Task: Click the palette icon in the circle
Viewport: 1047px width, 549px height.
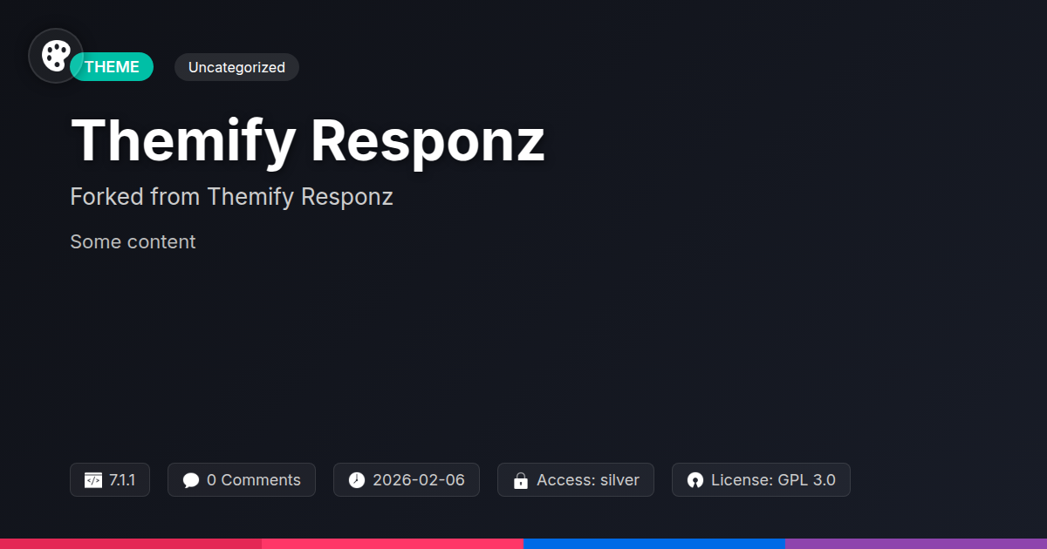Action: click(56, 56)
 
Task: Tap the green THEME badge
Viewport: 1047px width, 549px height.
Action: click(113, 67)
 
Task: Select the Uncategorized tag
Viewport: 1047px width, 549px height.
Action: click(236, 67)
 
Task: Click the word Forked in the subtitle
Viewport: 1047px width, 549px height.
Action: click(106, 197)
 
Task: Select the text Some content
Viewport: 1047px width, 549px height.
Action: click(133, 242)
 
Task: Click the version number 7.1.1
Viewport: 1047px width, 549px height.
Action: click(122, 480)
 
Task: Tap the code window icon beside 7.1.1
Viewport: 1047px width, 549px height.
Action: click(92, 480)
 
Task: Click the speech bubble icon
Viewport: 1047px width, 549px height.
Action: click(191, 480)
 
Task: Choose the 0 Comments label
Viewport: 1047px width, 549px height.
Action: click(254, 480)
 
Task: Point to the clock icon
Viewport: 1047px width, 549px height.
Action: click(357, 480)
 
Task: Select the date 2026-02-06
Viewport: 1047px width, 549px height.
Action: click(419, 480)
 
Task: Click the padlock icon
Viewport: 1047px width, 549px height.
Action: click(521, 480)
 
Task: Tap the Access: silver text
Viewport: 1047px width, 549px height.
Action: click(588, 480)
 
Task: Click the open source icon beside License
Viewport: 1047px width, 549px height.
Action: click(695, 480)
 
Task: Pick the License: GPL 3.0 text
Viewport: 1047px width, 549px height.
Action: click(773, 480)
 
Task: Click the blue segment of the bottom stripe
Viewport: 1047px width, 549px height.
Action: click(654, 543)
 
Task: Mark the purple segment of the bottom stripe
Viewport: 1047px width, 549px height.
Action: click(916, 543)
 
